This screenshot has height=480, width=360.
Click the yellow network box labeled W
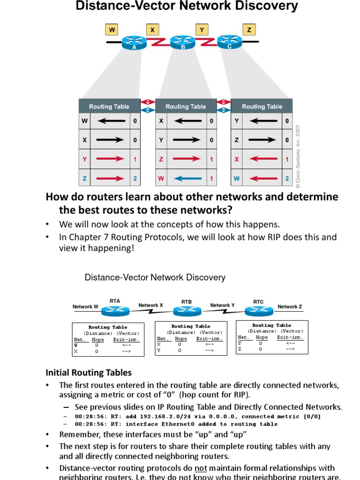[x=112, y=30]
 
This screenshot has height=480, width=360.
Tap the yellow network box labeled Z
[x=249, y=30]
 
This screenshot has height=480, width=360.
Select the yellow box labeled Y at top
[x=202, y=30]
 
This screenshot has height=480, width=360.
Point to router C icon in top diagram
[x=230, y=43]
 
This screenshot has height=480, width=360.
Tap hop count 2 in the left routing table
[x=135, y=178]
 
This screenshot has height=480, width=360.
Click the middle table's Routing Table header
[x=186, y=106]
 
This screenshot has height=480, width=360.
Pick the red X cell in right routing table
[x=237, y=159]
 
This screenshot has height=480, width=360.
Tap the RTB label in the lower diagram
[x=187, y=302]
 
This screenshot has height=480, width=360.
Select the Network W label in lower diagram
[x=85, y=307]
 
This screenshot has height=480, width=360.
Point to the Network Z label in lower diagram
[x=290, y=307]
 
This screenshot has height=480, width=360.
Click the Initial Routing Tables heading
[x=89, y=373]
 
